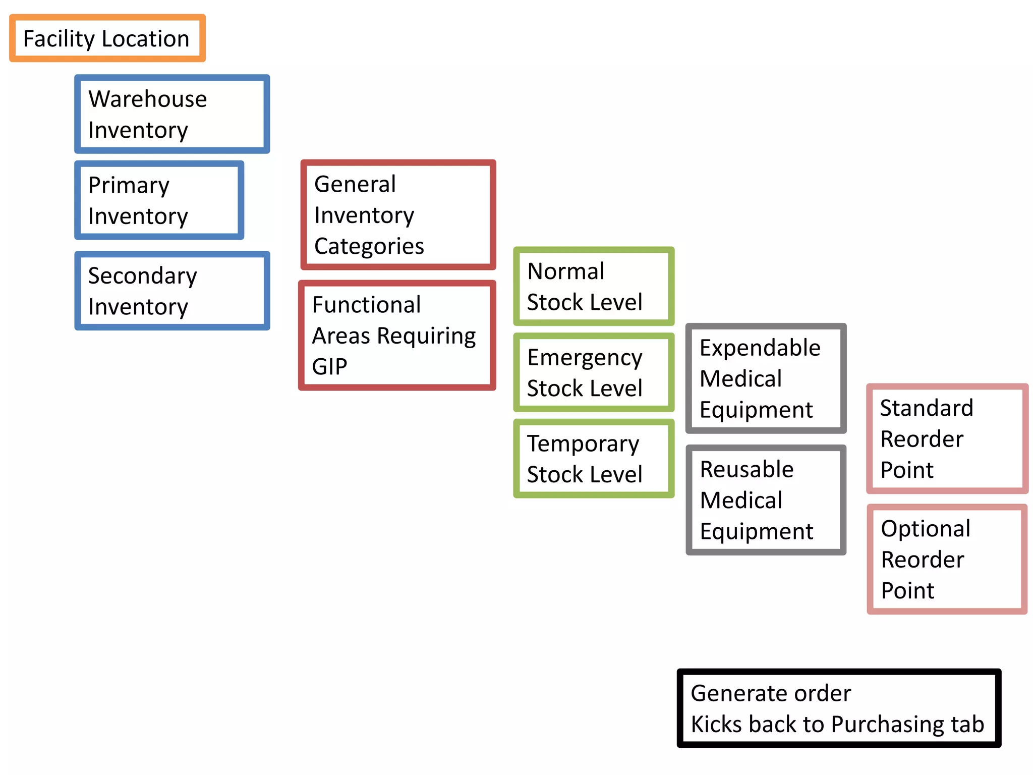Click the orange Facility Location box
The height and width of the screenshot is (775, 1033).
(x=107, y=39)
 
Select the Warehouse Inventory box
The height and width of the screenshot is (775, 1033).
(x=172, y=115)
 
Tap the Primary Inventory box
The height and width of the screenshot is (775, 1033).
(x=159, y=200)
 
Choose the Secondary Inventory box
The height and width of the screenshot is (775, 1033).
(x=172, y=291)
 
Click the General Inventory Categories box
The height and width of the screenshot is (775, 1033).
(x=398, y=215)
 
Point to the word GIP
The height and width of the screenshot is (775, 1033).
(x=329, y=367)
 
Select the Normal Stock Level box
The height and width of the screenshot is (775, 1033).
(x=594, y=286)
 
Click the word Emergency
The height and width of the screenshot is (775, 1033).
(x=585, y=358)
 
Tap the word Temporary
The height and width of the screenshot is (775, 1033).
(x=583, y=444)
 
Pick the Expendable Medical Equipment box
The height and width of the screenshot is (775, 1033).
(x=766, y=378)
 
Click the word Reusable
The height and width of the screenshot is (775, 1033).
(x=747, y=470)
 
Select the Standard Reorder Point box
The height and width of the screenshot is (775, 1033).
(x=947, y=438)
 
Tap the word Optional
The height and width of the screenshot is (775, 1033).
(x=926, y=529)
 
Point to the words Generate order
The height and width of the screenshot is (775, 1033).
(x=770, y=693)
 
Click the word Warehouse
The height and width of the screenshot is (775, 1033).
(x=147, y=99)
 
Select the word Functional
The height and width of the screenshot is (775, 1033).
(x=366, y=305)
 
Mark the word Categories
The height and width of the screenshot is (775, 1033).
(x=369, y=247)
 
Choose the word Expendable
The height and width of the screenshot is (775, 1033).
(x=760, y=348)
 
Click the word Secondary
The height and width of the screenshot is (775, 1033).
(x=142, y=276)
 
